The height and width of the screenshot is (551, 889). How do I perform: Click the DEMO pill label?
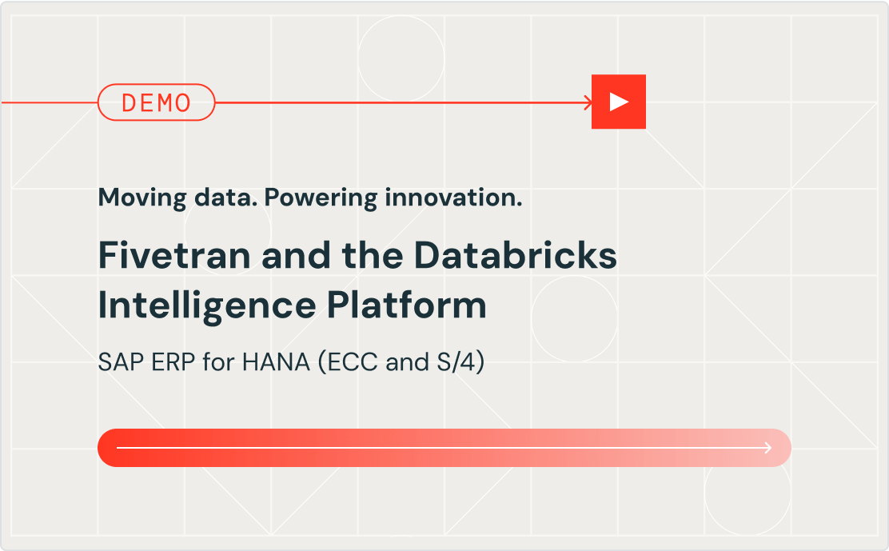tap(157, 102)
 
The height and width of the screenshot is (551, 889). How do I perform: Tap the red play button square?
tap(618, 102)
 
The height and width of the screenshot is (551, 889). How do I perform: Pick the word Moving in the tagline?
tap(134, 198)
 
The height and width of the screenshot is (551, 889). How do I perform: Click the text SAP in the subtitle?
tap(116, 363)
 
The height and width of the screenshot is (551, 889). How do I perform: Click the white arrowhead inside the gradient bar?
tap(768, 448)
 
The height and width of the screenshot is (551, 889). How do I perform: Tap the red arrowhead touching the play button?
tap(588, 102)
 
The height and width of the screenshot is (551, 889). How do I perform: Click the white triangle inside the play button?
tap(618, 102)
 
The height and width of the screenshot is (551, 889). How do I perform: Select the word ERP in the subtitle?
tap(159, 363)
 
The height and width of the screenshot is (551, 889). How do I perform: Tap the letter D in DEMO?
tap(129, 102)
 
